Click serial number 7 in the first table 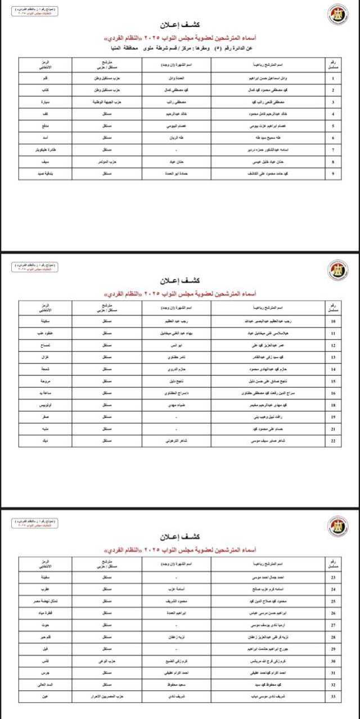tap(333, 150)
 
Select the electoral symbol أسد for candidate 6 tap(49, 138)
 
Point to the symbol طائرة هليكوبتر tap(49, 150)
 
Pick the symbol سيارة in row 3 tap(49, 102)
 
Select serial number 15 tap(333, 381)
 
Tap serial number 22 tap(333, 441)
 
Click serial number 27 tap(334, 625)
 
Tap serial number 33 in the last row tap(334, 696)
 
